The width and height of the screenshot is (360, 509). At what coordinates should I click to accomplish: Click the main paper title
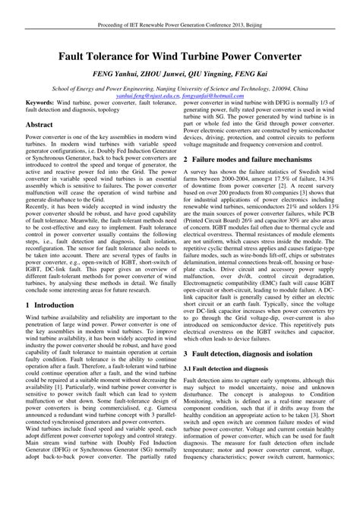pos(180,56)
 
